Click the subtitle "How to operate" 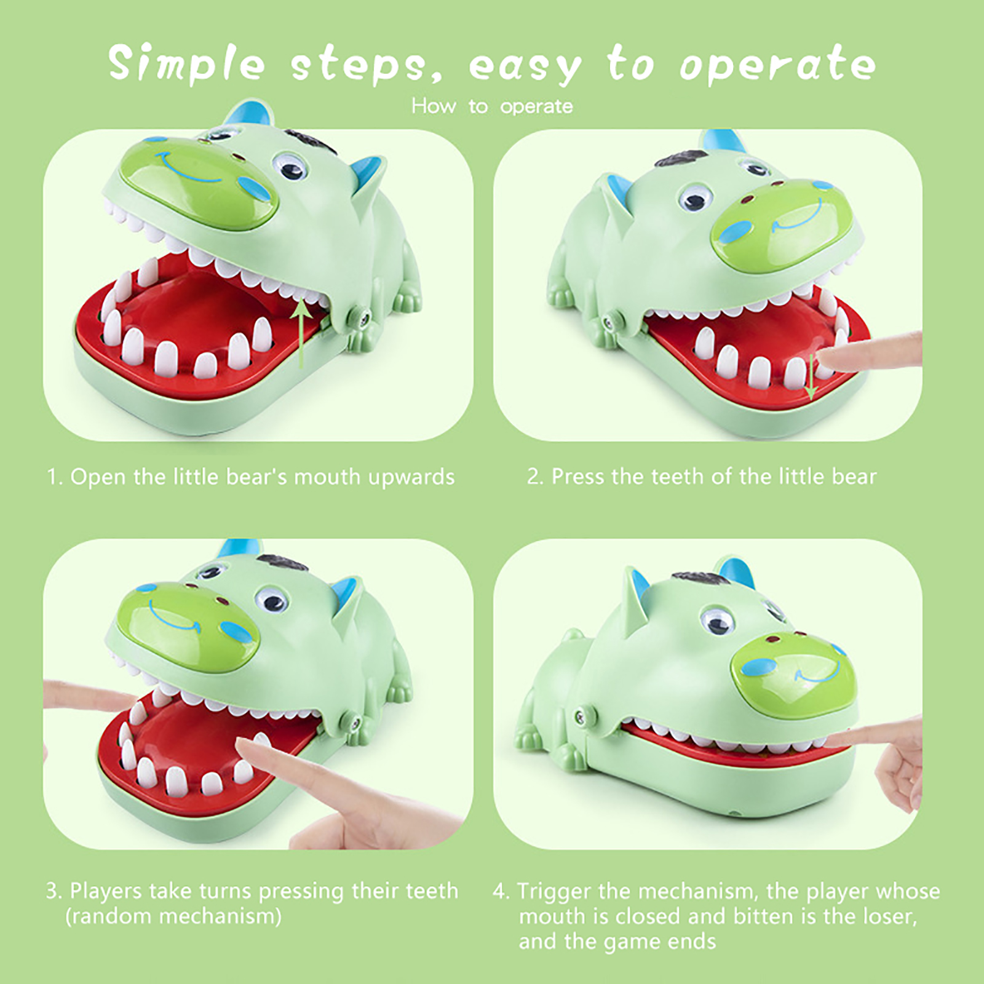[492, 106]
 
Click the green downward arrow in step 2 [812, 376]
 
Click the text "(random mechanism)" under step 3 [173, 916]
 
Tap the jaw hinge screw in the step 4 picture [582, 715]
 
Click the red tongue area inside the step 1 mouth [203, 307]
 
